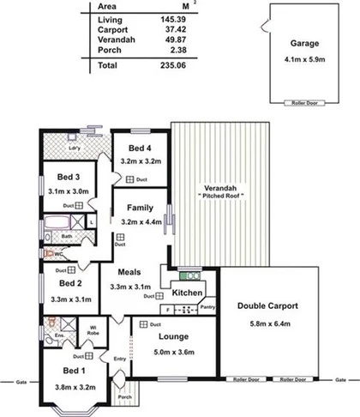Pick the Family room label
pyautogui.click(x=140, y=208)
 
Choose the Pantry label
pyautogui.click(x=207, y=306)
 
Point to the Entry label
pyautogui.click(x=118, y=359)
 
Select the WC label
pyautogui.click(x=59, y=254)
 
